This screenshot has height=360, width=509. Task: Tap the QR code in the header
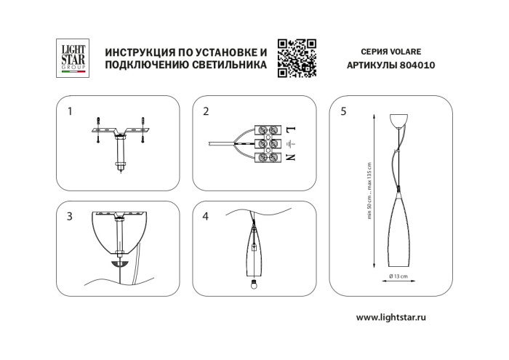pos(297,57)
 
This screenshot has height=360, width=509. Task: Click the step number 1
pos(70,111)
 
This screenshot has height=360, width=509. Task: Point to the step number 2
pos(206,111)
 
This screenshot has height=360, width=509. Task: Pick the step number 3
pos(70,217)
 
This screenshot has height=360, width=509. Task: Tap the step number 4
pos(206,217)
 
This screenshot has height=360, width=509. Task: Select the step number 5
pos(342,111)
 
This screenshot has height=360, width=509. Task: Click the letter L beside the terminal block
pos(290,129)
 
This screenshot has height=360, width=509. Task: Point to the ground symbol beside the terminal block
pos(290,143)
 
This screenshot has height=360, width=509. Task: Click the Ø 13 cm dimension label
pos(397,277)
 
